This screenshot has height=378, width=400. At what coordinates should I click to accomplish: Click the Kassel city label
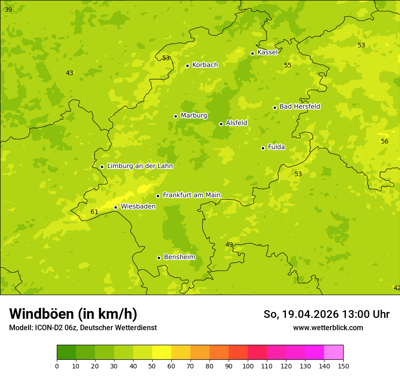click(267, 52)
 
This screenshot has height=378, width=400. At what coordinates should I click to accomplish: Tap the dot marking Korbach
click(187, 66)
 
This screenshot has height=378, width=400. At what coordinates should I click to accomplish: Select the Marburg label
click(194, 116)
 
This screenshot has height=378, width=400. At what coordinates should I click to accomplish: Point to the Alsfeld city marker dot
click(221, 124)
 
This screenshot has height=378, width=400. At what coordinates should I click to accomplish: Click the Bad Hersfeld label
click(300, 107)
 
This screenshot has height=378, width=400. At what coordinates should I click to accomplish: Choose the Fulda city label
click(276, 147)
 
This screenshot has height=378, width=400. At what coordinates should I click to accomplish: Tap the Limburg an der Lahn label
click(140, 166)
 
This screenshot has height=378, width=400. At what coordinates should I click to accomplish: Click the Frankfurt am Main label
click(191, 195)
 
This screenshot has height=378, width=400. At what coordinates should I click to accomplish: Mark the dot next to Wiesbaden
click(115, 207)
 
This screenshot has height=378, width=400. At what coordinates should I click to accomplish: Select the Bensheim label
click(179, 257)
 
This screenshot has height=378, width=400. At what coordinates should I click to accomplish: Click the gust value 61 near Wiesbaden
click(95, 212)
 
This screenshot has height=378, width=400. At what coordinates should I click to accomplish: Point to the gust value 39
click(8, 10)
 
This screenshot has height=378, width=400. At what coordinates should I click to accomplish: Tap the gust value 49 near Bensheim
click(229, 245)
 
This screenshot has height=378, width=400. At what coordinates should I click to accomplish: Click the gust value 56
click(385, 141)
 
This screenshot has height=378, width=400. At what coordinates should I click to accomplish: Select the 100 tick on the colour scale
click(248, 366)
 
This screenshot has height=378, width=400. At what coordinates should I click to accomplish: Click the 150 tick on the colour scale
click(343, 366)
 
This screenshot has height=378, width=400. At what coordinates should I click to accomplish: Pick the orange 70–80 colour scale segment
click(200, 352)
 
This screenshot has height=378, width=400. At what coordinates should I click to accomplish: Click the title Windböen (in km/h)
click(73, 314)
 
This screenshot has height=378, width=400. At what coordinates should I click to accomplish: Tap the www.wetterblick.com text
click(328, 328)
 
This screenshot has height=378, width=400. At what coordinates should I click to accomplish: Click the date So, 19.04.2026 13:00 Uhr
click(326, 314)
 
